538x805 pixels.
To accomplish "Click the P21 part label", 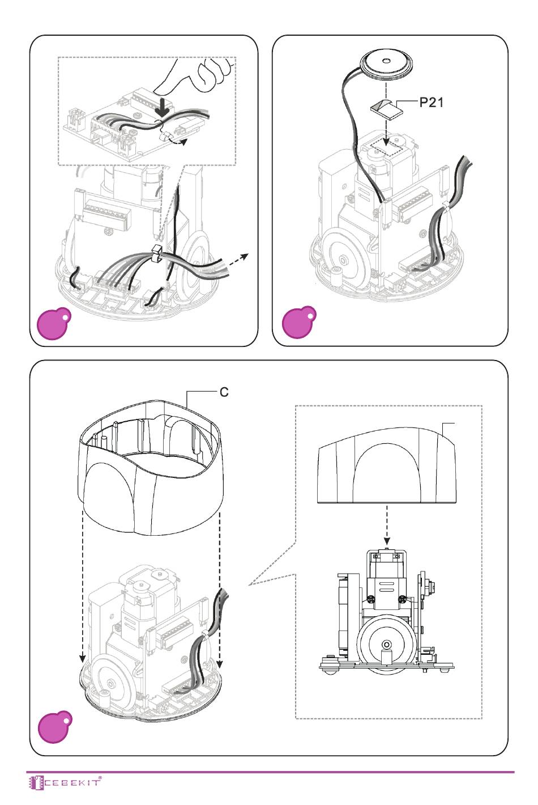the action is [x=432, y=103].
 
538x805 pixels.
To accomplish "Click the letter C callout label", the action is [x=224, y=392].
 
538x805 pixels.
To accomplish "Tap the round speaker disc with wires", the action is [x=387, y=65].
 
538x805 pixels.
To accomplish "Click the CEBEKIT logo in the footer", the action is [x=65, y=782].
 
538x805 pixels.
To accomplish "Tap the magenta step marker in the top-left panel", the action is [x=54, y=323].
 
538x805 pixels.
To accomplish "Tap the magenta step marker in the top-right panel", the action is [x=299, y=323].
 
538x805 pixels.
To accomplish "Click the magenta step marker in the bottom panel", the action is [x=55, y=727].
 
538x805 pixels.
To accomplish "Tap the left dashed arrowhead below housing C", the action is [x=83, y=658].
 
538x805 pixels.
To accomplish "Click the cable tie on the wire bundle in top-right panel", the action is [x=446, y=206].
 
